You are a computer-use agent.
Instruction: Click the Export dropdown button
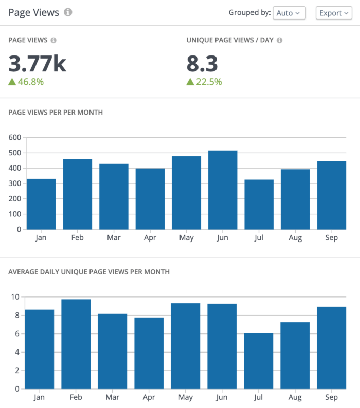click(333, 13)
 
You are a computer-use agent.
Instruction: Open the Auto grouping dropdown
click(289, 13)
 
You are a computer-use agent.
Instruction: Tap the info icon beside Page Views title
click(68, 12)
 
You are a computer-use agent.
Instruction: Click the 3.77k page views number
click(37, 64)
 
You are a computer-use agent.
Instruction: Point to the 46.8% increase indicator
click(26, 82)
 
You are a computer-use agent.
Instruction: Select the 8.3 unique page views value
click(202, 64)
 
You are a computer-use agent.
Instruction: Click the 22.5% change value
click(204, 82)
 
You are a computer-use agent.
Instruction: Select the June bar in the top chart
click(223, 190)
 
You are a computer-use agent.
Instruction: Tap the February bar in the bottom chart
click(76, 344)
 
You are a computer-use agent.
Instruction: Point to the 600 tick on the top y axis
click(14, 137)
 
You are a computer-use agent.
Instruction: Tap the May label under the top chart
click(186, 238)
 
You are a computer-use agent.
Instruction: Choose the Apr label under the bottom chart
click(149, 398)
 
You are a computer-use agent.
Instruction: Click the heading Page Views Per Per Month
click(56, 112)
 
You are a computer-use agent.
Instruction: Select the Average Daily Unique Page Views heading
click(89, 271)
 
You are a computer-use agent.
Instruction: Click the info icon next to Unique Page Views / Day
click(280, 40)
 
